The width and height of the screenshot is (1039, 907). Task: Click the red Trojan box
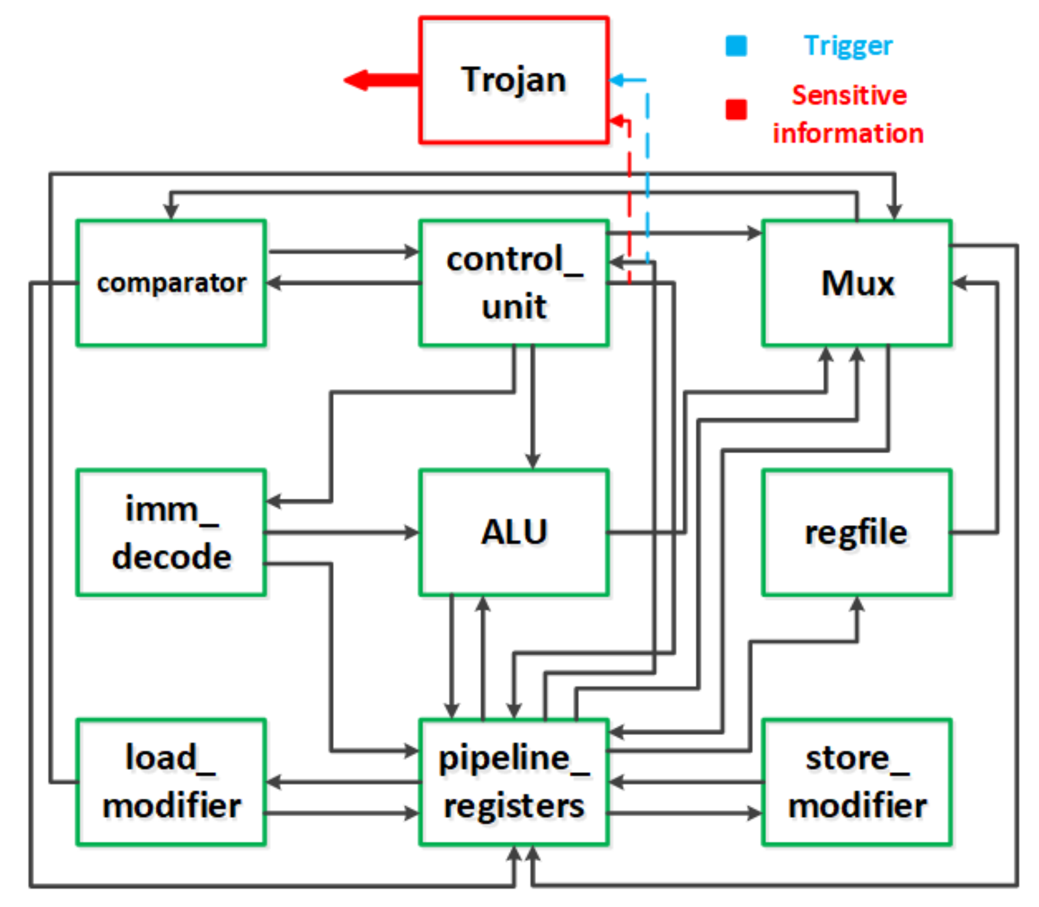tap(514, 80)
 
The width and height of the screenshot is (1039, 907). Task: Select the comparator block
tap(171, 283)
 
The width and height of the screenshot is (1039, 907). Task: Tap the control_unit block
tap(514, 283)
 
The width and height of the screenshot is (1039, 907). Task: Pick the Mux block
tap(857, 283)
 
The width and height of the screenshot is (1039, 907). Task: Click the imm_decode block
tap(171, 532)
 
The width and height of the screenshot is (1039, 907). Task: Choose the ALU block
tap(514, 532)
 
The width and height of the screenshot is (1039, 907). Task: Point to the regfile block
tap(857, 532)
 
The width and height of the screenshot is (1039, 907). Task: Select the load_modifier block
tap(171, 781)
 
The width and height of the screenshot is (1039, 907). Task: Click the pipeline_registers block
tap(514, 781)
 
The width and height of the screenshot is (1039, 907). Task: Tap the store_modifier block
tap(857, 781)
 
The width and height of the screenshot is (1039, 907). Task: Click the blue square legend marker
tap(736, 46)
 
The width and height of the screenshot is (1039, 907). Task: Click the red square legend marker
tap(736, 109)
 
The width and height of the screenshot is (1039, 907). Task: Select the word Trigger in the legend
tap(848, 46)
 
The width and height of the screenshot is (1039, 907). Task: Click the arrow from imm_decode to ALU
tap(342, 532)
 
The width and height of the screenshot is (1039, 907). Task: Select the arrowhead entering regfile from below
tap(857, 605)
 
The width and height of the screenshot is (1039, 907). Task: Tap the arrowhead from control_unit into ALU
tap(532, 461)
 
